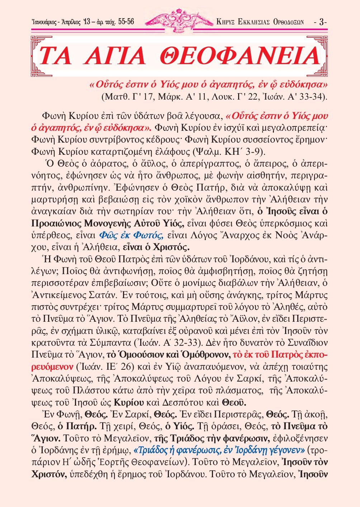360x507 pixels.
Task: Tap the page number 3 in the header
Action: click(322, 22)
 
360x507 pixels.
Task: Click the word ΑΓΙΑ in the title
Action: click(114, 56)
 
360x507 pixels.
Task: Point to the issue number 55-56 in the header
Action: click(126, 22)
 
